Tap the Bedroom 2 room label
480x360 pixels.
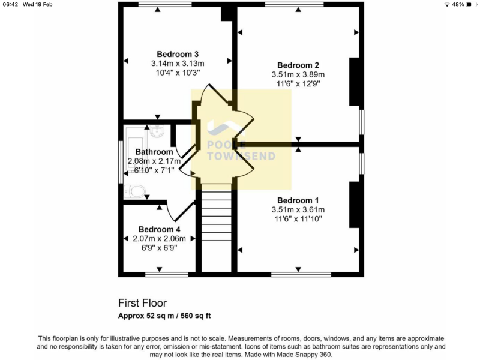tap(298, 65)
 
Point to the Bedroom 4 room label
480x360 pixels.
tap(159, 229)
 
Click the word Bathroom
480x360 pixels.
tap(154, 152)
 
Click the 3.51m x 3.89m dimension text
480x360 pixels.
tap(298, 75)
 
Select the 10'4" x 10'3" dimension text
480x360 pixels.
tap(178, 73)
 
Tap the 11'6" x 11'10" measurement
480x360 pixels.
tap(298, 219)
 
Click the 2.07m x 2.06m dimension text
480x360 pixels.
tap(159, 238)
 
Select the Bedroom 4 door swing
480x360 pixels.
tap(173, 212)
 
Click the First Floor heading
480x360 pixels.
tap(142, 304)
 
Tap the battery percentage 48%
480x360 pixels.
tap(457, 4)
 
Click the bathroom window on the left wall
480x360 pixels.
tap(121, 162)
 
